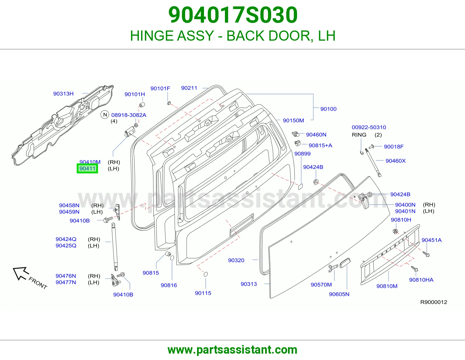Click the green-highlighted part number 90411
click(87, 168)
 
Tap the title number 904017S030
click(233, 15)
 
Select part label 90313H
click(63, 94)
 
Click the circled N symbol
click(105, 115)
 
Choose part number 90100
click(328, 109)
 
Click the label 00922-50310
click(369, 127)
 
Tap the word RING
click(359, 135)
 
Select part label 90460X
click(396, 161)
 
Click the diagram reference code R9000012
click(434, 302)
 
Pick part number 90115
click(203, 293)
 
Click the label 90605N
click(339, 294)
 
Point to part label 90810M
click(387, 286)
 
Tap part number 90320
click(236, 260)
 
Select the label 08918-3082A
click(129, 115)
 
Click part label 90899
click(302, 154)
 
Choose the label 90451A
click(432, 240)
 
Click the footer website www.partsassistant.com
click(233, 350)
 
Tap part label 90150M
click(293, 120)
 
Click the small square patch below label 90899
click(301, 186)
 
